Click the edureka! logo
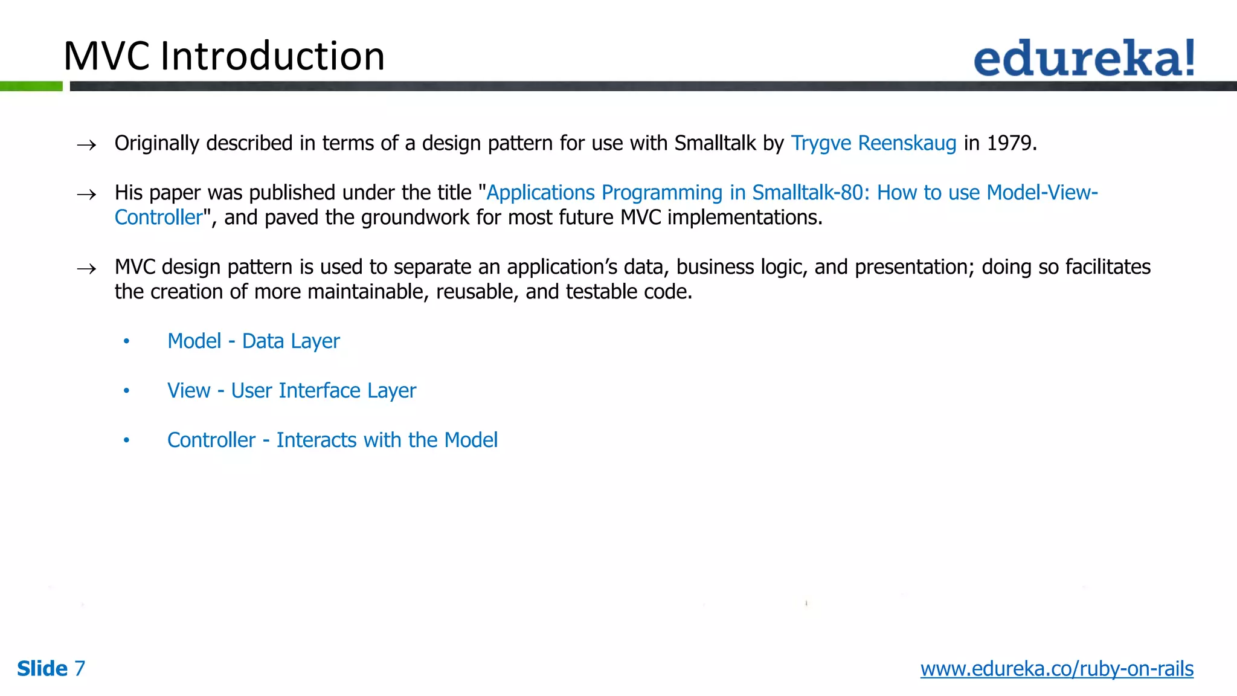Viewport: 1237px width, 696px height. point(1084,58)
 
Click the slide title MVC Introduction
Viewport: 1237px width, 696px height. point(224,56)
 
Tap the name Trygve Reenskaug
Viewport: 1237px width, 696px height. point(873,143)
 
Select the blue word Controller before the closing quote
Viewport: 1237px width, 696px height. point(158,217)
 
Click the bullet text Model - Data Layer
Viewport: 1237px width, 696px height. point(253,341)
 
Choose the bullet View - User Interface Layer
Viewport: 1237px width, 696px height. point(292,391)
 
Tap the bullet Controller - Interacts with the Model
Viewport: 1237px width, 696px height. point(332,440)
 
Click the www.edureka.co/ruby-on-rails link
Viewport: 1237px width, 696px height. point(1056,669)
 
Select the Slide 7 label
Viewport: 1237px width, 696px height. point(51,669)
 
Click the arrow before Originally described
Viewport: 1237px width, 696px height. point(86,145)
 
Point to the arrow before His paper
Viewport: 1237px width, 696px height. point(86,195)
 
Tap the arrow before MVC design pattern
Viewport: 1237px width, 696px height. point(86,269)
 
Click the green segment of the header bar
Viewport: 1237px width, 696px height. point(31,86)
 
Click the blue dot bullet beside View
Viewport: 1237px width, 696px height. point(126,391)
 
